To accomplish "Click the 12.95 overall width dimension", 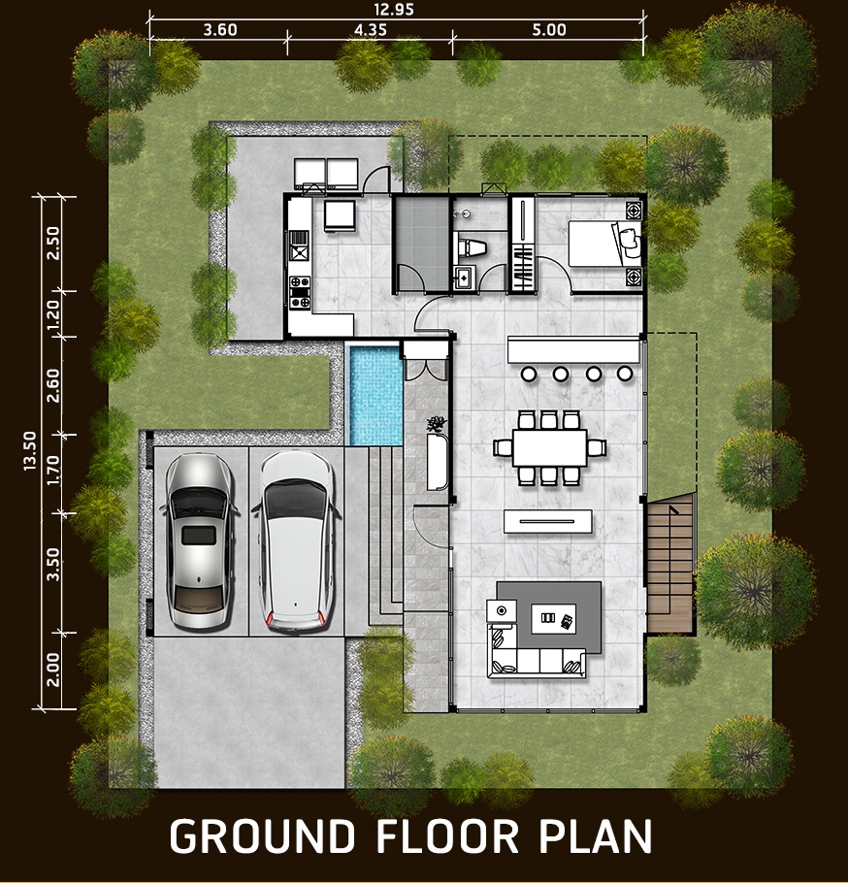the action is [x=394, y=10].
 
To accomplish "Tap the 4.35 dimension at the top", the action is [x=370, y=30].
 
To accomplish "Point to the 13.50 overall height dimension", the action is [x=30, y=450].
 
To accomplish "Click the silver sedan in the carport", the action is [x=199, y=541].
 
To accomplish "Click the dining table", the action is [x=549, y=447].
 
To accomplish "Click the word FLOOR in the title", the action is [x=446, y=835].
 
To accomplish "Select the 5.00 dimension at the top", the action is [x=549, y=30].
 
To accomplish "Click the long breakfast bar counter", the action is [x=573, y=349].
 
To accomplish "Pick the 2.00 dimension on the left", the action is [x=53, y=670].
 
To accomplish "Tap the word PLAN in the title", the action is [x=596, y=835].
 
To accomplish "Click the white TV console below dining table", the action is [x=548, y=521].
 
